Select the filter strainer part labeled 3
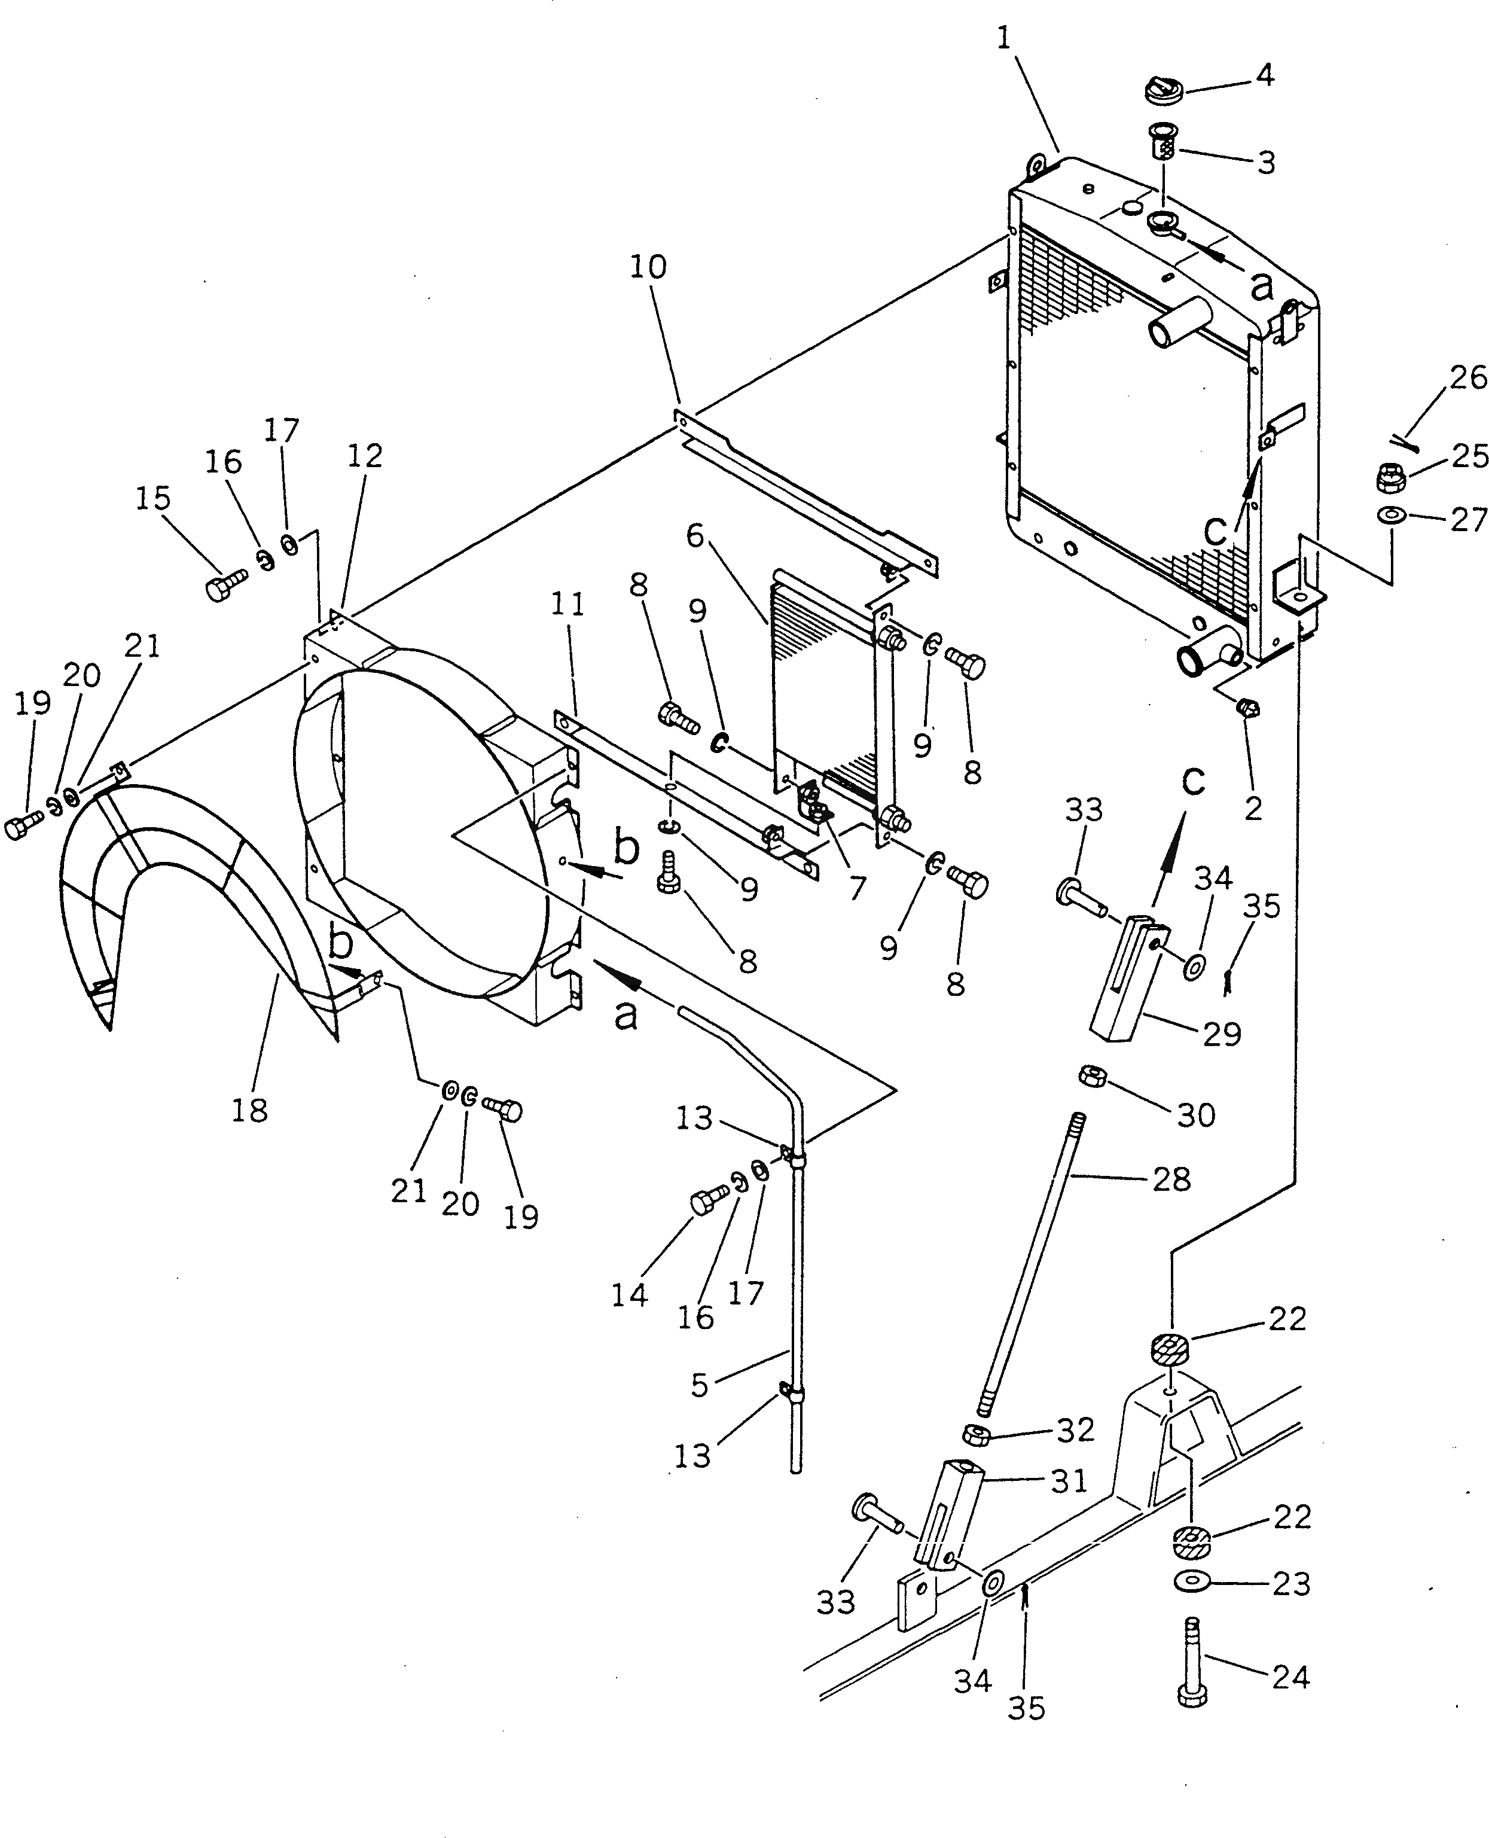(1162, 142)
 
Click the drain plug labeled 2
(1248, 708)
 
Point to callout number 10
(648, 267)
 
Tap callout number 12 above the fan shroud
(365, 456)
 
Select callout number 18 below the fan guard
(249, 1111)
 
